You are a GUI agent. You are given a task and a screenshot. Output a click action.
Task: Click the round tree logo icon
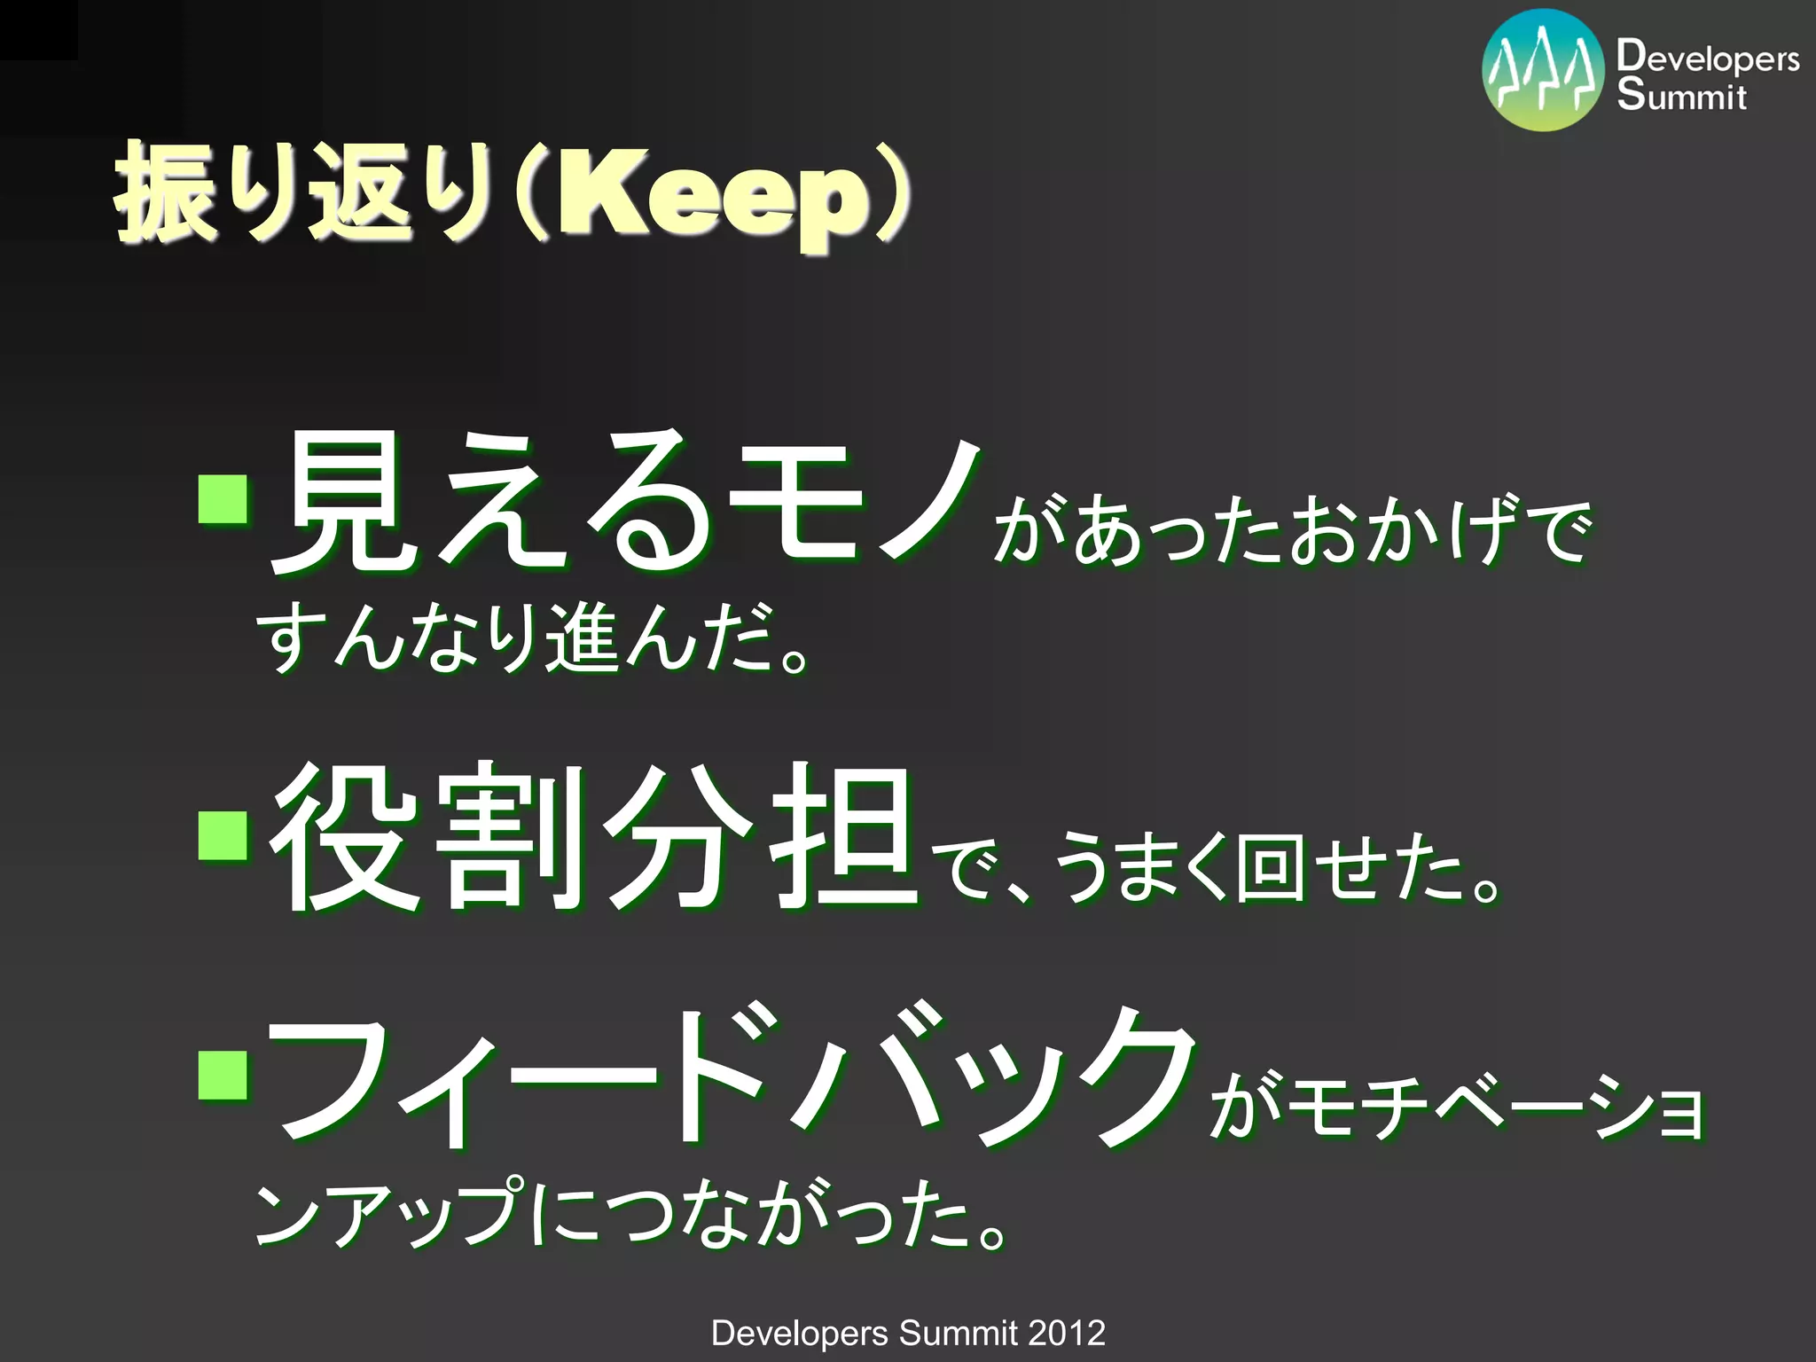(x=1544, y=70)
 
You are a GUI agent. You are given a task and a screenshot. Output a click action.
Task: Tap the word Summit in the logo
(x=1681, y=95)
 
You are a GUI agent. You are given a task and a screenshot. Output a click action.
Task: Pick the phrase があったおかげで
(x=1290, y=532)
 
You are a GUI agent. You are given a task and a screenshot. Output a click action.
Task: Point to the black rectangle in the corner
(x=38, y=29)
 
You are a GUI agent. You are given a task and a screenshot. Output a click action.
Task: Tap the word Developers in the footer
(x=799, y=1333)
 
